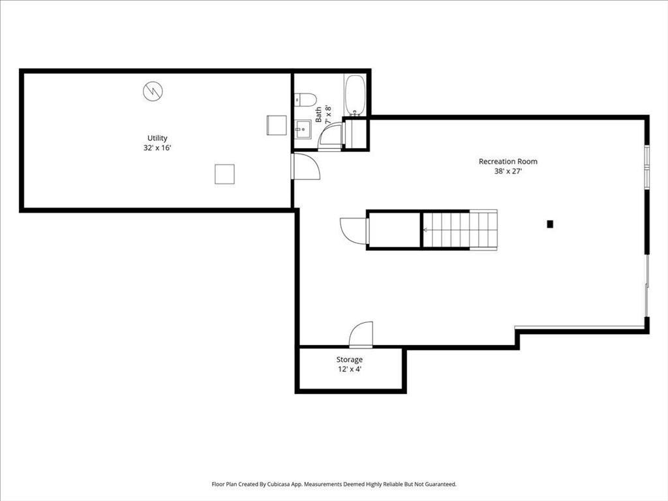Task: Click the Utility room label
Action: [x=157, y=138]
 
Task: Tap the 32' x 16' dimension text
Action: [x=157, y=148]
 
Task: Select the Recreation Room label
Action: [x=508, y=161]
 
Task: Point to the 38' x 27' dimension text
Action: [x=508, y=172]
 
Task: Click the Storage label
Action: [x=350, y=359]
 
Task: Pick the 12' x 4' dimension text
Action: [x=350, y=369]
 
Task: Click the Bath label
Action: [x=319, y=115]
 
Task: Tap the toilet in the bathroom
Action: [x=305, y=100]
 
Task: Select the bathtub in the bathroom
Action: [x=355, y=95]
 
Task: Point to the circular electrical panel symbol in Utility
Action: [x=153, y=91]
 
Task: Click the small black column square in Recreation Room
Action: [x=550, y=224]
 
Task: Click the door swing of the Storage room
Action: [x=361, y=335]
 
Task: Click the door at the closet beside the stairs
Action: [x=353, y=230]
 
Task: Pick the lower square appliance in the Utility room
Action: [x=224, y=174]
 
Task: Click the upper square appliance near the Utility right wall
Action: [x=277, y=125]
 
